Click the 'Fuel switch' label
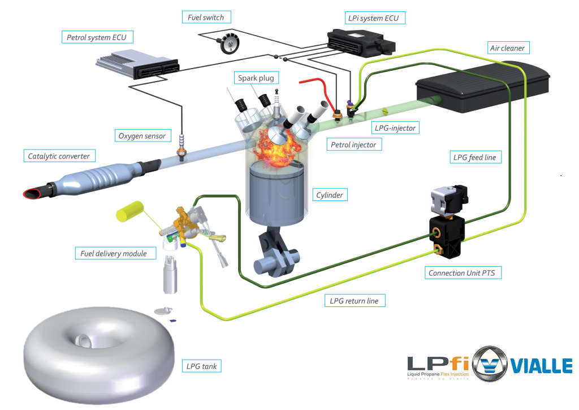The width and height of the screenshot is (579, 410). coord(206,18)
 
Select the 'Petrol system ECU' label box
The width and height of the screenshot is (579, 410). coord(97,38)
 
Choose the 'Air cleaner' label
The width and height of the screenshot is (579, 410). coord(507,48)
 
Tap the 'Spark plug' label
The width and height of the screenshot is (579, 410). coord(256,78)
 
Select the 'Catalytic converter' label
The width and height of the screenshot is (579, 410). coord(59,156)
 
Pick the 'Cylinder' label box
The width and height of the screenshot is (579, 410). coord(329,195)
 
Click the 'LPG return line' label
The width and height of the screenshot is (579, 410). coord(354,301)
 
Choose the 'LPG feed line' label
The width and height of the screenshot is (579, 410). coord(474,157)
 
